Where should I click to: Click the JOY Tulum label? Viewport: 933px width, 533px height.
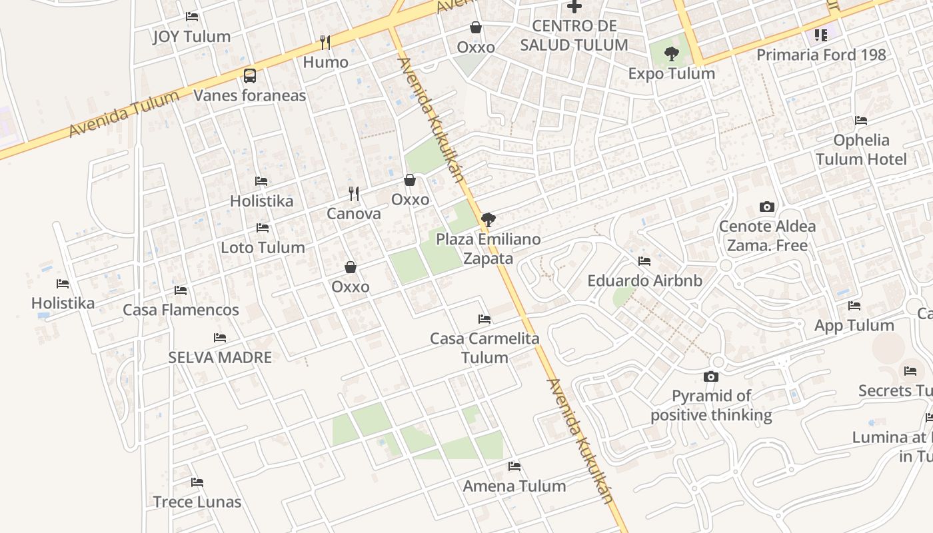192,37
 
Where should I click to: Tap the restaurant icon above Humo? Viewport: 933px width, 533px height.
325,43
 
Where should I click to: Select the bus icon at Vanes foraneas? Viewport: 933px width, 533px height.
250,76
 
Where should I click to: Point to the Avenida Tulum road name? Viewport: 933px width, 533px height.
124,114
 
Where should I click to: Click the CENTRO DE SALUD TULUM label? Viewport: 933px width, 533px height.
574,35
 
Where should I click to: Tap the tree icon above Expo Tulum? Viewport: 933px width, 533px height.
672,54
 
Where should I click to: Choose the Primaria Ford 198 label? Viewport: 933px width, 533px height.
821,55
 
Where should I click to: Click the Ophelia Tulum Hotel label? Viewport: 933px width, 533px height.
861,149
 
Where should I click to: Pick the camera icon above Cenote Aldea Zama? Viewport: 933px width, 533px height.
767,207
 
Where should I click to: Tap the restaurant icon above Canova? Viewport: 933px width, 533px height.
354,194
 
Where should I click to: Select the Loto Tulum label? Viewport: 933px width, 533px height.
263,247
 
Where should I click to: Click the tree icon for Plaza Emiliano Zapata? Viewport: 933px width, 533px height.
488,219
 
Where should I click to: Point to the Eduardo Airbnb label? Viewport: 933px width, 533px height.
644,280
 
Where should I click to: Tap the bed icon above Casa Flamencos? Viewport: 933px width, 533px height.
181,290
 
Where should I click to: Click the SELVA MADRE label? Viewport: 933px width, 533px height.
220,357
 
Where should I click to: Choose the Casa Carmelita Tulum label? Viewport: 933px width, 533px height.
484,348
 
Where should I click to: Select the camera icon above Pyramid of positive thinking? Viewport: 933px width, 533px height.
711,377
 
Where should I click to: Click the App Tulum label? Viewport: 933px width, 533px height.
854,325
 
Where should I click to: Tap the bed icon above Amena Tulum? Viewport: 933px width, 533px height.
514,466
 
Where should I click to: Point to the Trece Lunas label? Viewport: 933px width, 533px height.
197,502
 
